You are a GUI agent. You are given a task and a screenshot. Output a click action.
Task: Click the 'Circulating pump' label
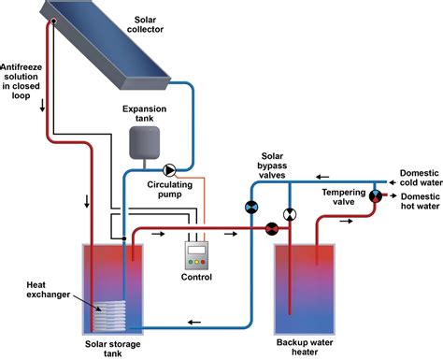click(x=169, y=191)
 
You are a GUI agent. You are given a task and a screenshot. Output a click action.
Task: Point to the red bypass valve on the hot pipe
click(x=272, y=226)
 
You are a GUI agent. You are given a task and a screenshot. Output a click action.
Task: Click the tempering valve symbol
click(x=376, y=196)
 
